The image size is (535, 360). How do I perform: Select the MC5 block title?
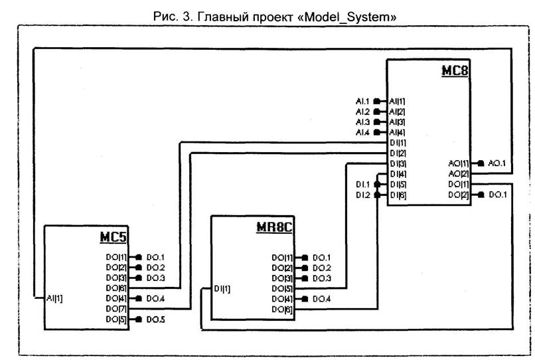click(x=113, y=237)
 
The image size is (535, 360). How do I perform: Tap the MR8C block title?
click(x=274, y=227)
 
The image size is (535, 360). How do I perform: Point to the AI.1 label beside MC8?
click(x=362, y=101)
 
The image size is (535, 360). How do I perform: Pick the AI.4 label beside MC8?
click(x=362, y=133)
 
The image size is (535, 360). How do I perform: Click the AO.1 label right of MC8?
click(x=498, y=163)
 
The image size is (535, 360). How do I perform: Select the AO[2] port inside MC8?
click(x=459, y=173)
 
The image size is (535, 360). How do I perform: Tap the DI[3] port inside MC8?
click(x=398, y=163)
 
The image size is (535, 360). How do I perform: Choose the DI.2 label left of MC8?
click(x=362, y=195)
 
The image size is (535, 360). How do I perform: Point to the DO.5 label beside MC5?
click(x=155, y=319)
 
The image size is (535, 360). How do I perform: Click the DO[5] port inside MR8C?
click(x=281, y=288)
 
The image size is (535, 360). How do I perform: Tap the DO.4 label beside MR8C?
click(x=321, y=299)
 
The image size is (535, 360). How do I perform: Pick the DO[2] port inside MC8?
click(x=459, y=195)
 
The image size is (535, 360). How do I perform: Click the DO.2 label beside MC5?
click(x=155, y=267)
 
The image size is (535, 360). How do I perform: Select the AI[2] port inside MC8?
click(x=398, y=112)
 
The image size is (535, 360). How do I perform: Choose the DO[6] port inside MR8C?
click(x=281, y=309)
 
